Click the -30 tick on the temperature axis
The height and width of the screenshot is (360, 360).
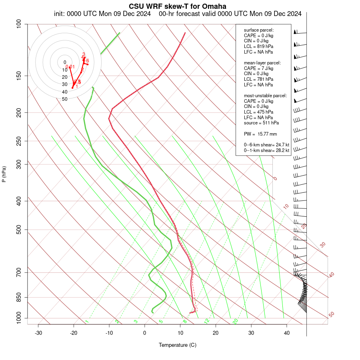(38, 333)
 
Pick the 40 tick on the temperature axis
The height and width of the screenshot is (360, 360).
(287, 333)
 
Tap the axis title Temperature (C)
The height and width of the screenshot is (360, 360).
(177, 345)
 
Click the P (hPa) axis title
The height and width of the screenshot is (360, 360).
(4, 174)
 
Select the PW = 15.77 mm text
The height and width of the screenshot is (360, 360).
(260, 134)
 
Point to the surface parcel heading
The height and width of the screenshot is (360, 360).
(259, 30)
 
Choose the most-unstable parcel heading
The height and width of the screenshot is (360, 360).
(265, 96)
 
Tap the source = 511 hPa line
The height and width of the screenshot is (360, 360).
(262, 123)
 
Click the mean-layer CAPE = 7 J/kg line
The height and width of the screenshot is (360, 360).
(258, 68)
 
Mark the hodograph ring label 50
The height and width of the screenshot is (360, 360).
(64, 99)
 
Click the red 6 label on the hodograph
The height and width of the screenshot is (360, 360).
(88, 61)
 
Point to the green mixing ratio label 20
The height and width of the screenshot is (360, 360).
(236, 321)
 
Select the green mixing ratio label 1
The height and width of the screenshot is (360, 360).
(87, 322)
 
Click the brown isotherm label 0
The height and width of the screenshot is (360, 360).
(275, 178)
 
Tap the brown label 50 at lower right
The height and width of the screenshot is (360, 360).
(331, 315)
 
